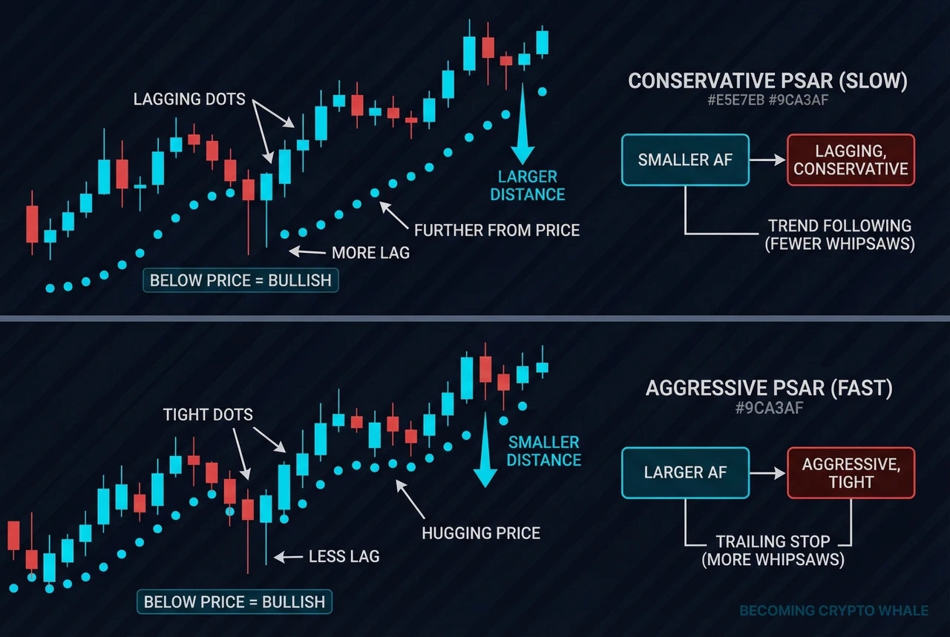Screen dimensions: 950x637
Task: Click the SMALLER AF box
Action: pyautogui.click(x=685, y=159)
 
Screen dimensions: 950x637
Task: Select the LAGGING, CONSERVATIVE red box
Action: pyautogui.click(x=851, y=159)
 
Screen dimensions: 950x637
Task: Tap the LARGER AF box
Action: pyautogui.click(x=685, y=472)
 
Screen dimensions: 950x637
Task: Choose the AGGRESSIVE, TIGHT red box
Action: pyautogui.click(x=851, y=472)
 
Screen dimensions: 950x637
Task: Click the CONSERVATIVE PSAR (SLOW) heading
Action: pyautogui.click(x=767, y=81)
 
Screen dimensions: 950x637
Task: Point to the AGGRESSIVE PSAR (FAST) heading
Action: pyautogui.click(x=769, y=389)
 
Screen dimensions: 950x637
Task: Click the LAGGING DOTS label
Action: pyautogui.click(x=189, y=99)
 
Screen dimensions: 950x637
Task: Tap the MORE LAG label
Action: pyautogui.click(x=370, y=253)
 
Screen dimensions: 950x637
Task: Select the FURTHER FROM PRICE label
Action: pyautogui.click(x=497, y=230)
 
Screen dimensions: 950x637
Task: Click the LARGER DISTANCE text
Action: pyautogui.click(x=528, y=185)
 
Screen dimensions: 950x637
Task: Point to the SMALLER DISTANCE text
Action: pyautogui.click(x=544, y=451)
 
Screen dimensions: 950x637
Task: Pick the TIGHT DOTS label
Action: pyautogui.click(x=208, y=415)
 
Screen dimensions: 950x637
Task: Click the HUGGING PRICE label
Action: pyautogui.click(x=481, y=533)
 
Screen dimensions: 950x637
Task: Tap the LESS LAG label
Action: pyautogui.click(x=344, y=556)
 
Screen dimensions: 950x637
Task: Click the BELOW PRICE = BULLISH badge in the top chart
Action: pyautogui.click(x=240, y=280)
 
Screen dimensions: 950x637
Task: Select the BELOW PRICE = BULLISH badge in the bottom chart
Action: pyautogui.click(x=234, y=602)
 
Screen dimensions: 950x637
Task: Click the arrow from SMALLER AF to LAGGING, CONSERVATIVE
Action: pyautogui.click(x=767, y=159)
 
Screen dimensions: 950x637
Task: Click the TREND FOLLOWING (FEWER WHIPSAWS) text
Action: pyautogui.click(x=839, y=235)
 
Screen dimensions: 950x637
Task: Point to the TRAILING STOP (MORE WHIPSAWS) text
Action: pyautogui.click(x=773, y=550)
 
